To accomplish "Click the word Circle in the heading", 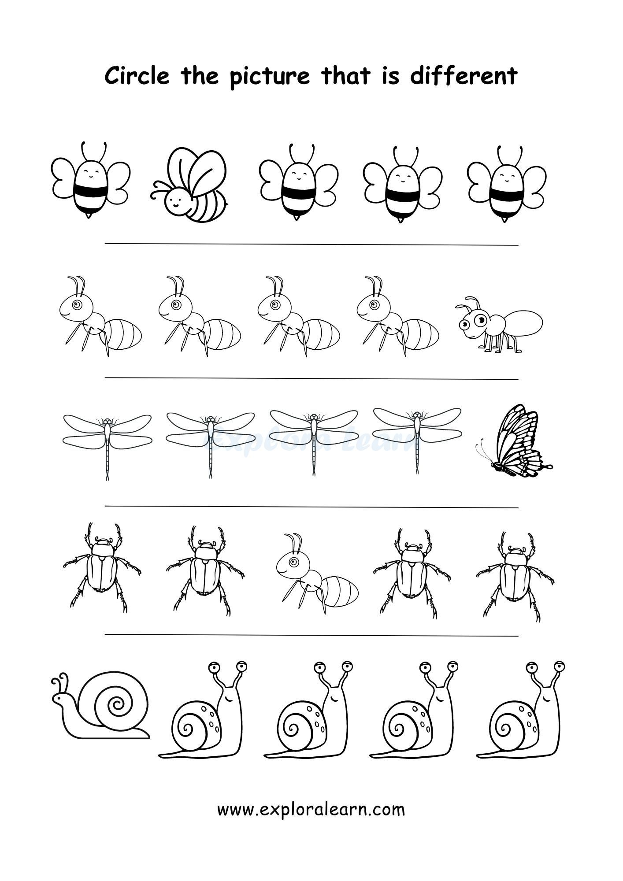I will pos(137,76).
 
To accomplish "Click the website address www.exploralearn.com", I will pos(311,809).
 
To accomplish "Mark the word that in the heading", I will pos(346,76).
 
